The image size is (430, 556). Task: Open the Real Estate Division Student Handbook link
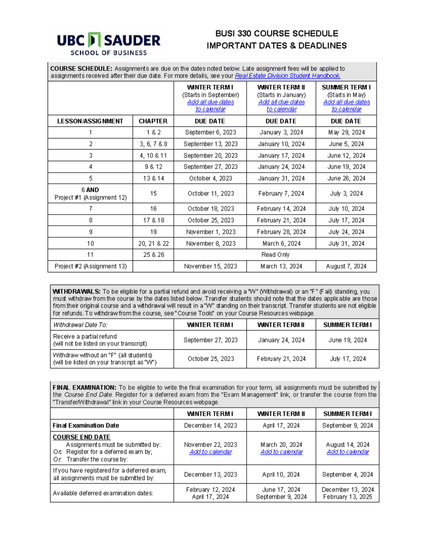[287, 76]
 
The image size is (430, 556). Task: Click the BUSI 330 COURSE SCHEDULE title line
[276, 34]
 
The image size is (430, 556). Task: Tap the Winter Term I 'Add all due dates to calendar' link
[210, 106]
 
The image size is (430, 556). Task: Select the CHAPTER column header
[153, 121]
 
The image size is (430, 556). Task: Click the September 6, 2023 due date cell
[210, 132]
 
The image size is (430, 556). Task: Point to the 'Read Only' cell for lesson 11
[275, 255]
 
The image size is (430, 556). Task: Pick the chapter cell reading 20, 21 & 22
[153, 243]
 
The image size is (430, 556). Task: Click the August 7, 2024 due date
[346, 266]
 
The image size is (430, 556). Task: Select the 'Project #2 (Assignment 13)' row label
[90, 266]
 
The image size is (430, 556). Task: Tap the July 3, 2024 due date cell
[346, 193]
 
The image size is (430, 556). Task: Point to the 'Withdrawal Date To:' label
[80, 325]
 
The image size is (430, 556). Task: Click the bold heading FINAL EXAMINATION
[84, 388]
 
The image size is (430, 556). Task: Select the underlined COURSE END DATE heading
[81, 437]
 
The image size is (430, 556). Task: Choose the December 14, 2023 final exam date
[210, 425]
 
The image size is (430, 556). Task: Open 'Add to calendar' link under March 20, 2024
[281, 452]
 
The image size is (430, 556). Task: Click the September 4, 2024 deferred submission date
[347, 474]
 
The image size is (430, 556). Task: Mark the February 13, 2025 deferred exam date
[347, 497]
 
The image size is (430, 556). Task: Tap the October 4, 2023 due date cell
[210, 178]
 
